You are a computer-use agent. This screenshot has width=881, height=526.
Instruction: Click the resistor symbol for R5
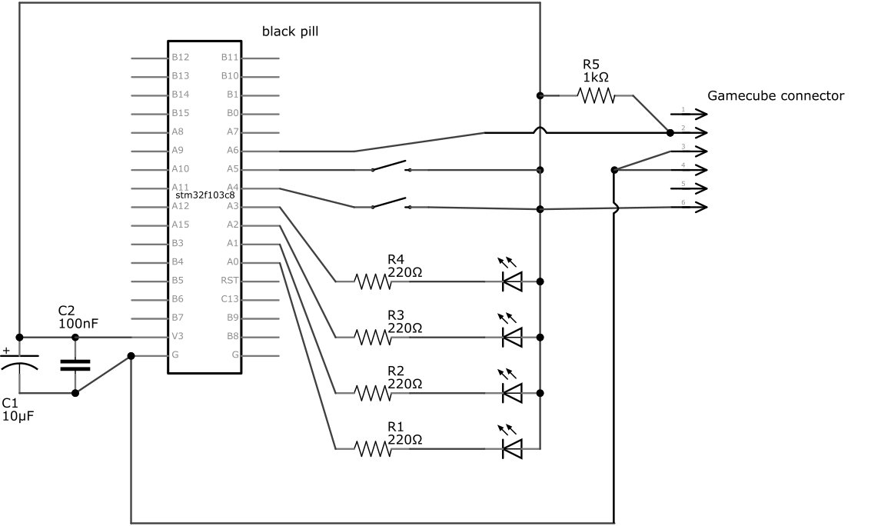(597, 95)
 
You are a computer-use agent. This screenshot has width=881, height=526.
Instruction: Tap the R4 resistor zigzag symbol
(374, 282)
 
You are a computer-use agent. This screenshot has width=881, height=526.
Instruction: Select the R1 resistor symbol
(374, 448)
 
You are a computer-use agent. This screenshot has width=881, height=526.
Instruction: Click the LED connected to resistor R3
(511, 337)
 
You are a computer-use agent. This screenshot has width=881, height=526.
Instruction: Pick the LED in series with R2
(511, 392)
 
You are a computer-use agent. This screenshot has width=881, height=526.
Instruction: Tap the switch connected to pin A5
(391, 167)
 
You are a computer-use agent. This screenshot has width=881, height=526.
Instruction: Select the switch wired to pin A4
(391, 204)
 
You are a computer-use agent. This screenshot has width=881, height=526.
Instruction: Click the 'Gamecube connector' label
(775, 96)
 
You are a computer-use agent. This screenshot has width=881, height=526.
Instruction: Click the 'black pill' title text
(290, 32)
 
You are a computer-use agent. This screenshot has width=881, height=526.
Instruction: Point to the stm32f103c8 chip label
(205, 196)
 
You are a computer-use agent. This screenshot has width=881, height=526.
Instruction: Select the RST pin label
(230, 281)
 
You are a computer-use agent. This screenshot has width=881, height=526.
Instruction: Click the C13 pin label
(230, 299)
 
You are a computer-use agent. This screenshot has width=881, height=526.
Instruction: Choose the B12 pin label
(180, 57)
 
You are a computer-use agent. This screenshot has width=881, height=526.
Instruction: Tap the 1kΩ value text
(596, 77)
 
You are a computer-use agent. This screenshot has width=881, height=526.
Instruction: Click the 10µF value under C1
(18, 416)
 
